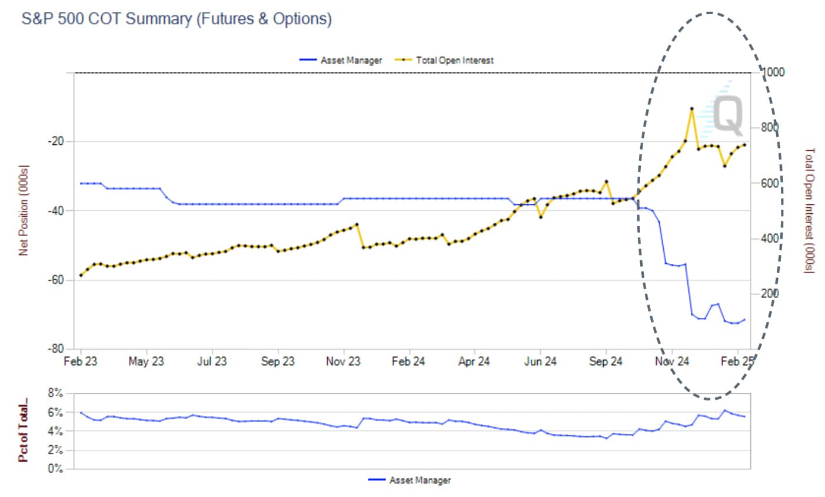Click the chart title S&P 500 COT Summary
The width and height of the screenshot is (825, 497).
176,19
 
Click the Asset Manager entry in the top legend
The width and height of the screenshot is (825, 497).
351,60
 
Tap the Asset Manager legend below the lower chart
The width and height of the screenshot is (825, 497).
420,481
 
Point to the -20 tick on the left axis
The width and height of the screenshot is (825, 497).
56,141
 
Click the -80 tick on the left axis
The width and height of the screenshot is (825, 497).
56,349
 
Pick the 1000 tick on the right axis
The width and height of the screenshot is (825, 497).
773,72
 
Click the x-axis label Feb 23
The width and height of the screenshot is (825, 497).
81,362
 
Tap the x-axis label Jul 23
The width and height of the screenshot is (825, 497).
212,362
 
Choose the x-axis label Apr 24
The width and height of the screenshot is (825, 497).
474,362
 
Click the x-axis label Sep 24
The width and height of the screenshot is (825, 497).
606,362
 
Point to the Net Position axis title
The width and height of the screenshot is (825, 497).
24,210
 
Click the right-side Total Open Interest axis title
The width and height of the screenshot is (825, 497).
810,210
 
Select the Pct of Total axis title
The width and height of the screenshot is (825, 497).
24,433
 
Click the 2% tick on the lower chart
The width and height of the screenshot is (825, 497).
55,450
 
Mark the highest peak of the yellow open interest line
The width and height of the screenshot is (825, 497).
691,109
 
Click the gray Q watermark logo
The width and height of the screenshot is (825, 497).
728,115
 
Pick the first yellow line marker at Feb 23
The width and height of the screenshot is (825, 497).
81,275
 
